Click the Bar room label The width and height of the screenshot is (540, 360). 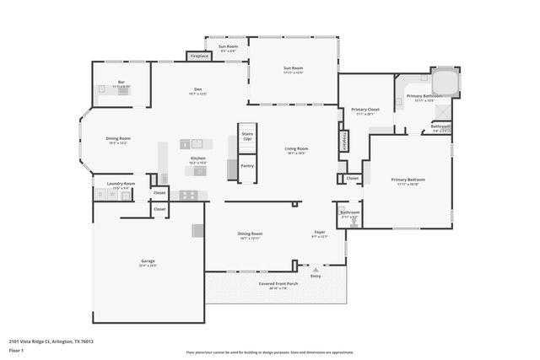(x=121, y=83)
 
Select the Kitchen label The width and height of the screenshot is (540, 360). (x=197, y=158)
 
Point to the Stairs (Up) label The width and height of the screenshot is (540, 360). (x=247, y=136)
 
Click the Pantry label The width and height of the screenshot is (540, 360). (x=247, y=165)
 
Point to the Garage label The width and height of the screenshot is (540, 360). (x=148, y=262)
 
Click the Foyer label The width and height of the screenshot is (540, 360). (x=320, y=234)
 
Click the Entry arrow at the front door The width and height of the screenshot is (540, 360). (x=316, y=269)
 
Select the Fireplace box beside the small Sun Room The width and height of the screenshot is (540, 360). (x=199, y=56)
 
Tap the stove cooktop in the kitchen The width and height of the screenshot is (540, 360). (x=189, y=195)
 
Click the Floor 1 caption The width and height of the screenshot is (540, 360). (x=16, y=352)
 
